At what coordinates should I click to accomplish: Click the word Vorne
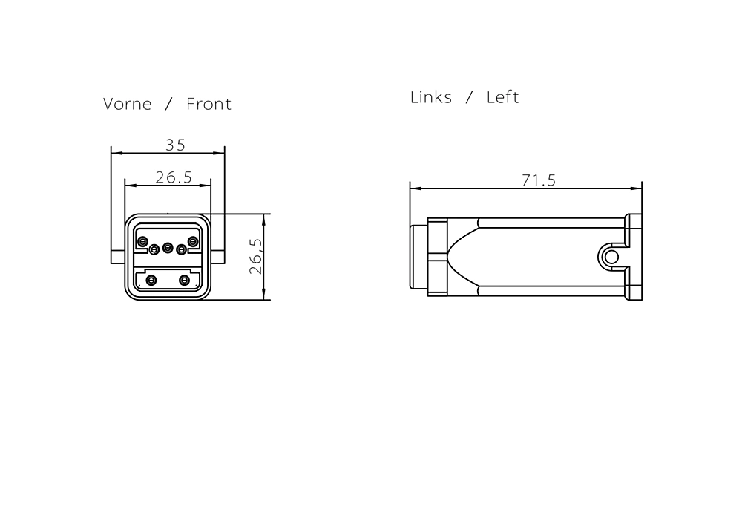[128, 104]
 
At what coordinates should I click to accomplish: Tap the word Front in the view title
[209, 104]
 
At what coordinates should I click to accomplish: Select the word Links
[430, 97]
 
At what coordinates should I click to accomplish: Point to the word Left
[502, 97]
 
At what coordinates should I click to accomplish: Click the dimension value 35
[175, 145]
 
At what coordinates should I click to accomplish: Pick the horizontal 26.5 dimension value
[174, 177]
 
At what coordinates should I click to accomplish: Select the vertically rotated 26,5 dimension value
[256, 256]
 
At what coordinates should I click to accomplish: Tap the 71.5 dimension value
[539, 180]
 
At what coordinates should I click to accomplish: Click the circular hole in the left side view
[611, 257]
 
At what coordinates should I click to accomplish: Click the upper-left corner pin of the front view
[142, 242]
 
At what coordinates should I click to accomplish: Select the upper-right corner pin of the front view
[193, 242]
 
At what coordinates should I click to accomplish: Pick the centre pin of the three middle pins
[168, 248]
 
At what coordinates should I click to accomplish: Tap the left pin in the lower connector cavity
[151, 281]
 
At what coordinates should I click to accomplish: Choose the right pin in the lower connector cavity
[184, 281]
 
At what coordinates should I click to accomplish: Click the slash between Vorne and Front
[168, 104]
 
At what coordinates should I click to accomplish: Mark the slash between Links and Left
[469, 97]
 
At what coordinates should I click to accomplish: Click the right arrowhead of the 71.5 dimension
[636, 189]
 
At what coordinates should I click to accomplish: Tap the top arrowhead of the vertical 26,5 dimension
[263, 220]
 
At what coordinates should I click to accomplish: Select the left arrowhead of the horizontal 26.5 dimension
[131, 186]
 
